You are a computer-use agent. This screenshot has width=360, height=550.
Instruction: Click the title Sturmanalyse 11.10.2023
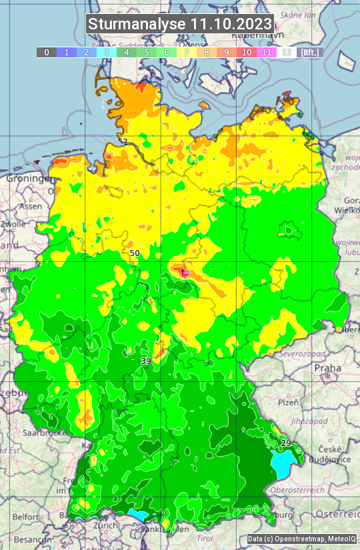[x=180, y=25]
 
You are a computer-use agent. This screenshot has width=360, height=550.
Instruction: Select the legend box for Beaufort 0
[x=46, y=52]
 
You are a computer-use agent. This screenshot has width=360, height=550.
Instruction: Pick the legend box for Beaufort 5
[x=146, y=52]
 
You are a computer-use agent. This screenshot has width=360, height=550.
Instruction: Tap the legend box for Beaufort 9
[x=227, y=52]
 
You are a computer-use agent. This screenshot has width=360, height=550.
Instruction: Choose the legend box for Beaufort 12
[x=287, y=52]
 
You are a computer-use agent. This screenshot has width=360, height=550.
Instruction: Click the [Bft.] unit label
[x=310, y=52]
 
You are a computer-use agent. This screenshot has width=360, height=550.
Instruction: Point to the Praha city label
[x=327, y=368]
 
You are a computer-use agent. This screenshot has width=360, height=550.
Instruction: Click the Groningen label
[x=29, y=179]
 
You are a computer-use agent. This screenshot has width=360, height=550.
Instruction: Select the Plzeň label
[x=288, y=403]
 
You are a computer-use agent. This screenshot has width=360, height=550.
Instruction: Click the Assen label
[x=30, y=207]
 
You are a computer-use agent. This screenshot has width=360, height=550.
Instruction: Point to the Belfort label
[x=26, y=517]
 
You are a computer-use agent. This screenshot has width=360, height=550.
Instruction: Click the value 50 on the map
[x=135, y=253]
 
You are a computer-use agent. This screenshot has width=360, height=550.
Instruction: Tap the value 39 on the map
[x=146, y=361]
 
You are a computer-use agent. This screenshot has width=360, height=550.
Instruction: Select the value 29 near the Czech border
[x=286, y=443]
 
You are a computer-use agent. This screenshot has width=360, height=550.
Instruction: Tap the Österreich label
[x=338, y=515]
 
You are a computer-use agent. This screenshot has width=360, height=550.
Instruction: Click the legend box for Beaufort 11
[x=267, y=52]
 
